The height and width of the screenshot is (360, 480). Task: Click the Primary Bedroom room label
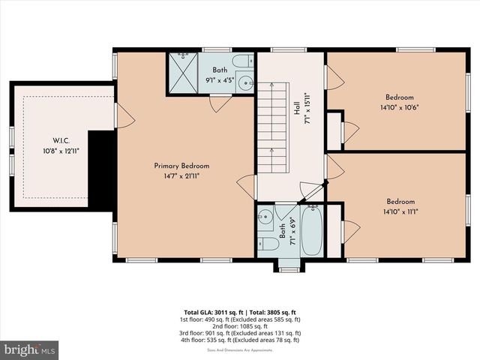tap(181, 166)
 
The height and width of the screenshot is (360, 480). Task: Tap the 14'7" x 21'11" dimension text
tap(181, 175)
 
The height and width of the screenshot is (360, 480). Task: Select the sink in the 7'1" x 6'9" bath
tap(264, 218)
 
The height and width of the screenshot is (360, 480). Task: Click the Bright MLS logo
tap(30, 349)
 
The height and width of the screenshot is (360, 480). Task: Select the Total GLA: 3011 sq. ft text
tap(214, 312)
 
